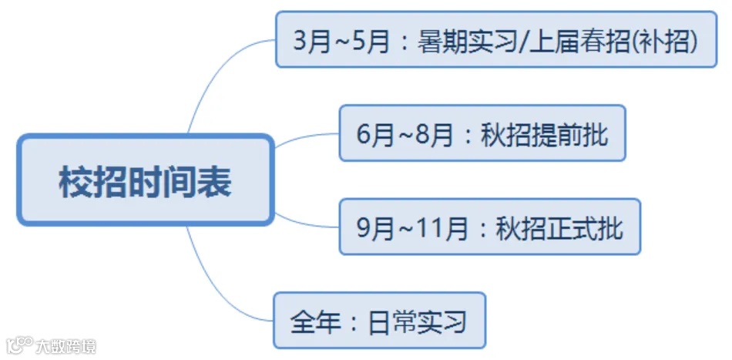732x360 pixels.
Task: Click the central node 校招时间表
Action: tap(146, 182)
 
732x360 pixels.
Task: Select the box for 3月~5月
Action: tap(496, 39)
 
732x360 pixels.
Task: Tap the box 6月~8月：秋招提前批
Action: tap(482, 133)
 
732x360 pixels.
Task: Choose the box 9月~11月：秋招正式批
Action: tap(489, 227)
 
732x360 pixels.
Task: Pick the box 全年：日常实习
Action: tap(379, 320)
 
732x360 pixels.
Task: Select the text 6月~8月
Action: tap(405, 134)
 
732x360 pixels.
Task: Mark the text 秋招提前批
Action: tap(544, 134)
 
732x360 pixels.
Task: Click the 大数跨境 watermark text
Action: tap(66, 346)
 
